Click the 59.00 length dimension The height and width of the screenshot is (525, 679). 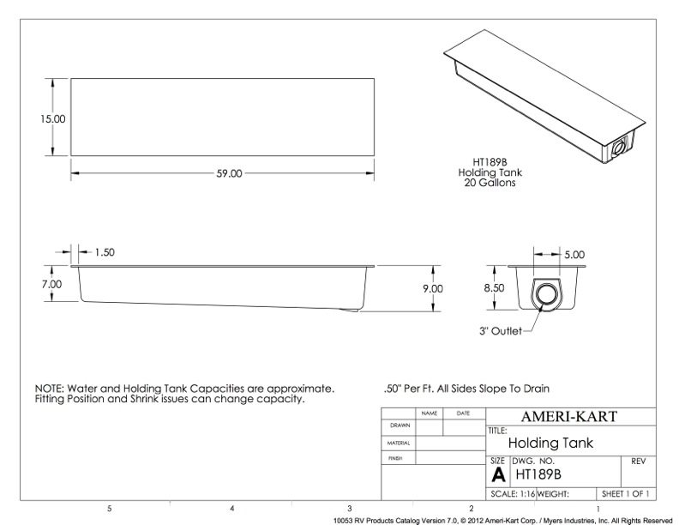click(229, 173)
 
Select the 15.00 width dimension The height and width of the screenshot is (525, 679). click(53, 118)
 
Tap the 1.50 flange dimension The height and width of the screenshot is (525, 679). click(105, 252)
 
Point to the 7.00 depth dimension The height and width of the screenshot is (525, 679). click(51, 284)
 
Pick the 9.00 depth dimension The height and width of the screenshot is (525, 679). click(433, 288)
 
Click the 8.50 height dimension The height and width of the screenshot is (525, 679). click(494, 288)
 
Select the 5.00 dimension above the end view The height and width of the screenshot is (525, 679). click(574, 255)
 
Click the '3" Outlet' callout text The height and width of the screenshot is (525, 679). click(501, 331)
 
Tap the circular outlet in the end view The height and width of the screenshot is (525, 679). click(544, 294)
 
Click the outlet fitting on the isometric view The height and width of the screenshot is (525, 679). click(618, 148)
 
